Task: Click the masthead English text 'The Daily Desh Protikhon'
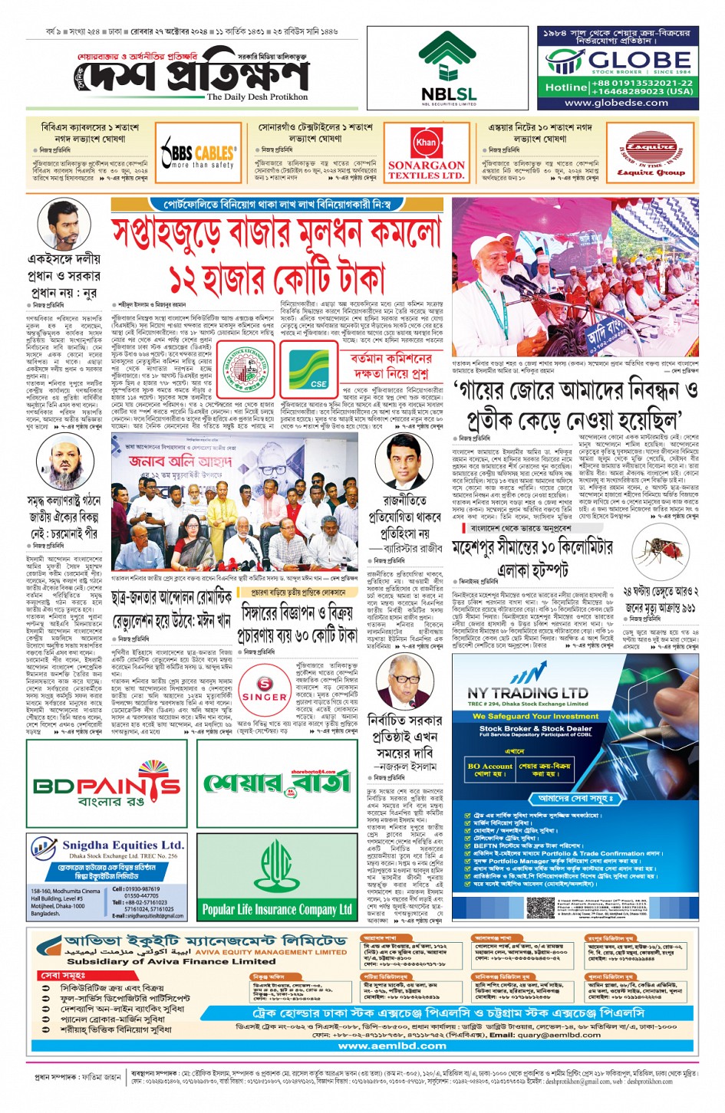click(x=257, y=97)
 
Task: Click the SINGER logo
click(x=264, y=688)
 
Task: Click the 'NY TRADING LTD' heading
click(x=528, y=692)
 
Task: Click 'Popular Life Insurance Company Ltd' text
click(x=277, y=910)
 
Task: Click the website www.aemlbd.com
click(x=391, y=1046)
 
